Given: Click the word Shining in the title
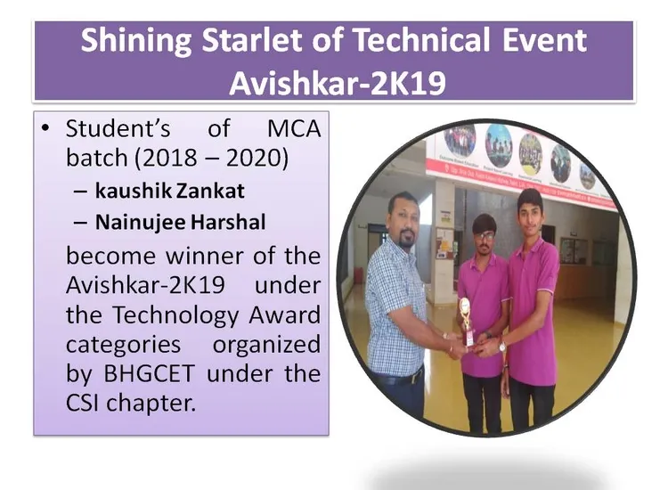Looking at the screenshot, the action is pos(136,41).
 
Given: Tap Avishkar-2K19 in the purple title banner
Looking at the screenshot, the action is pos(337,83).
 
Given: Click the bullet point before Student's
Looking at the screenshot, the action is pos(45,128).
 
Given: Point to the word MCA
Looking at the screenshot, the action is pos(294,128).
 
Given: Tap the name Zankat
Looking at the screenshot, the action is pos(210,191).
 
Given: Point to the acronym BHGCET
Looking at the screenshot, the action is pos(150,373).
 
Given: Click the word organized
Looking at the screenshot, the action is pos(266,345).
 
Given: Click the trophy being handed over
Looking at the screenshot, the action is pos(465,321).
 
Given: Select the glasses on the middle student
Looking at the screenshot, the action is pos(483,235).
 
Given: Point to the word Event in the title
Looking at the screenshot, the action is pos(545,39).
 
